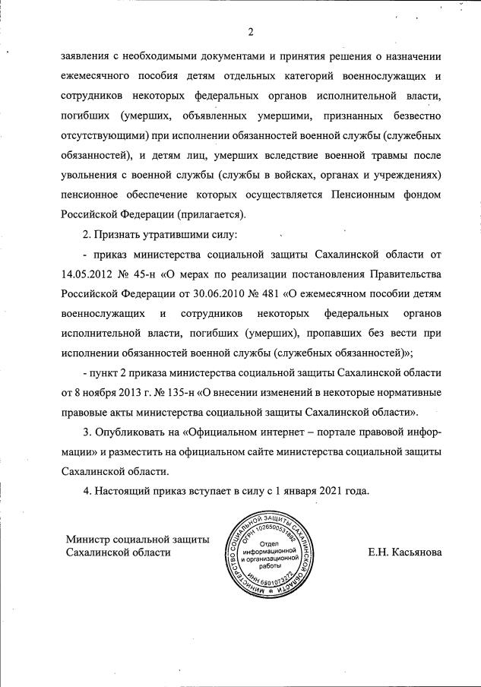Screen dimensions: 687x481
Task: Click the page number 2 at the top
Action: [249, 31]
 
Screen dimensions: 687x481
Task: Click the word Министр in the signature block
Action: [87, 539]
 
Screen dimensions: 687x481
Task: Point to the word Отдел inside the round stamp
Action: [268, 544]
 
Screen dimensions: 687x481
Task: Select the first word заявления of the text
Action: [89, 56]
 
